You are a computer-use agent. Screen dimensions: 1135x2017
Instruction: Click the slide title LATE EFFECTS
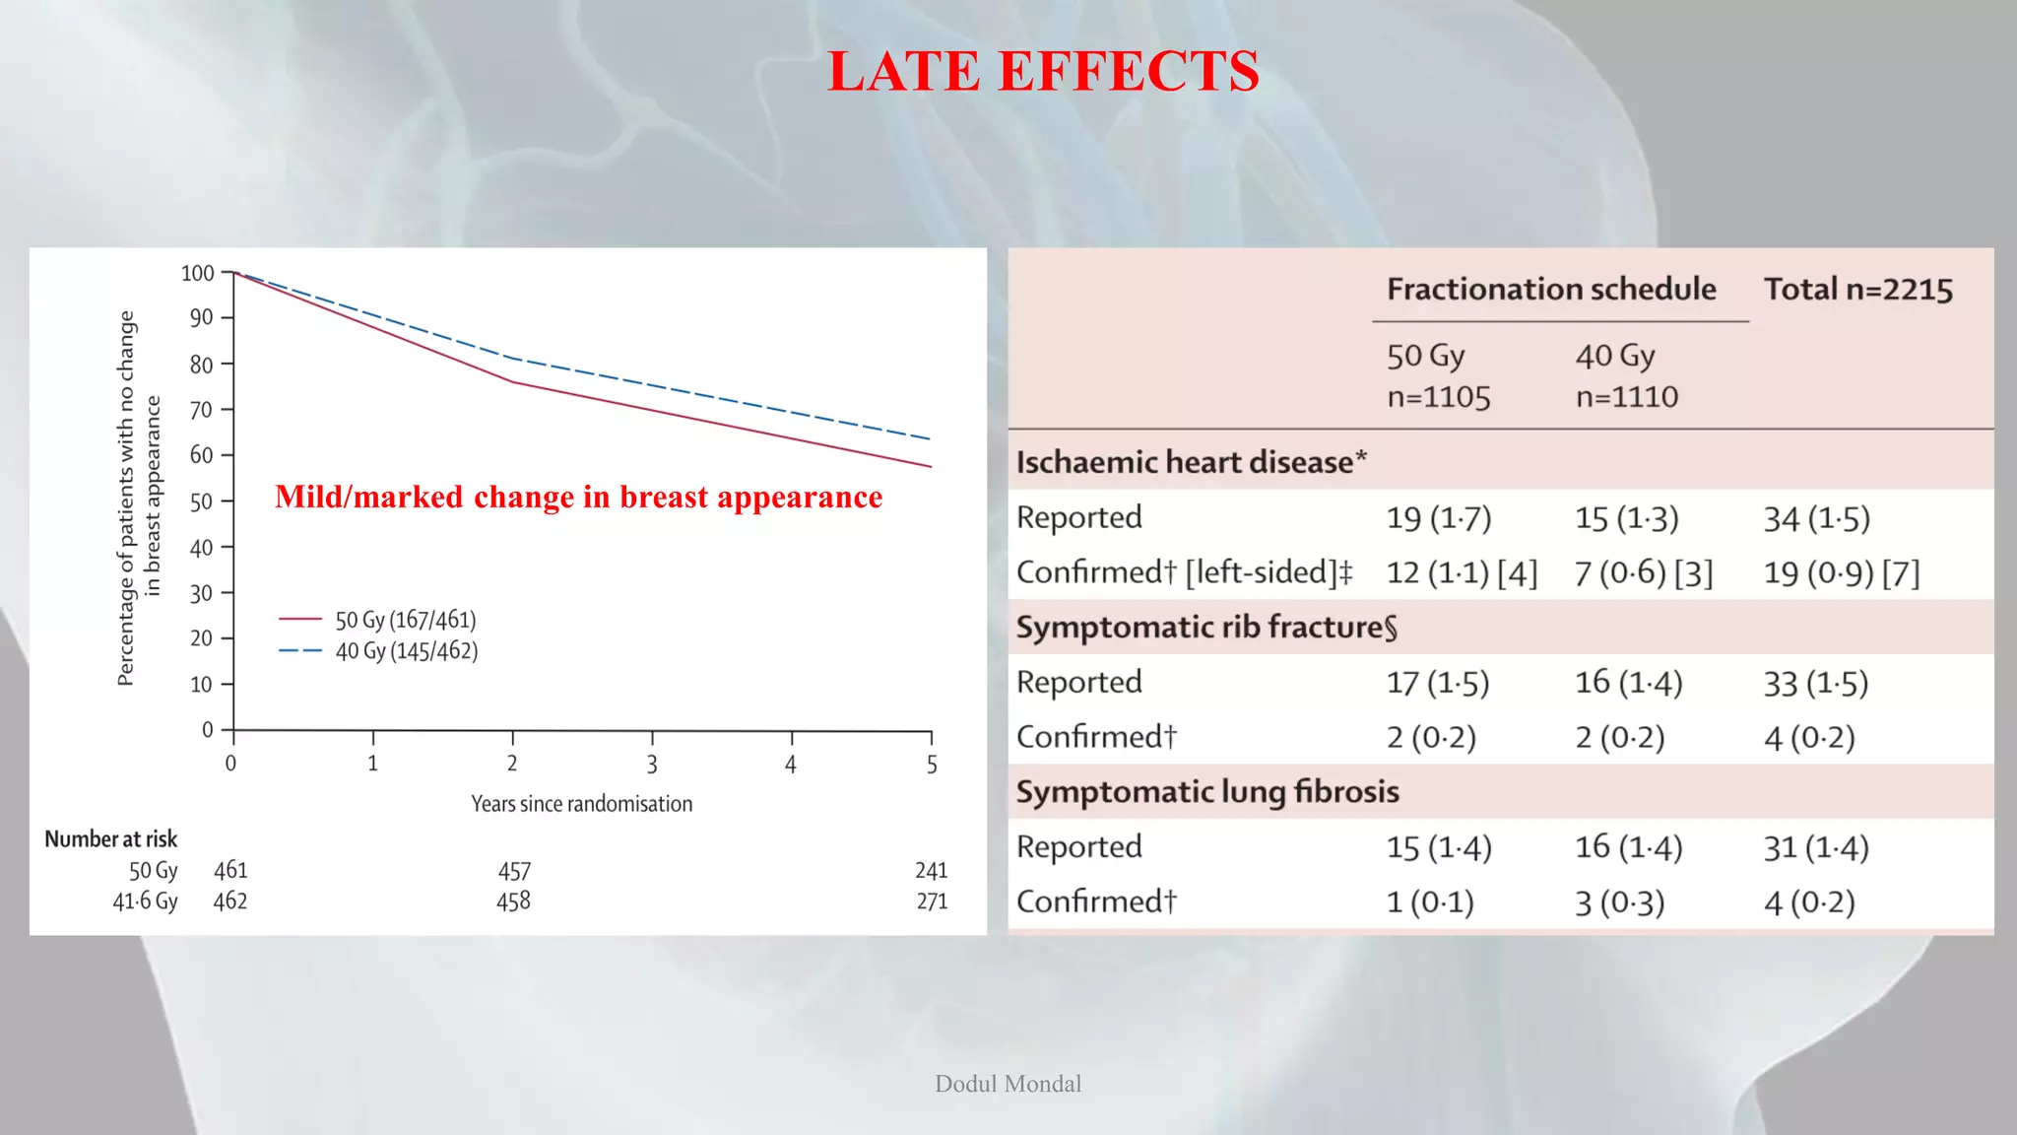1043,72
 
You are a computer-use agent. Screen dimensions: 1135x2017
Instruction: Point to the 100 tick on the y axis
198,273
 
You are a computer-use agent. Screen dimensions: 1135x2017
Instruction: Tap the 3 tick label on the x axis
652,765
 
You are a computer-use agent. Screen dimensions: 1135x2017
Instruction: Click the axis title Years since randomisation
581,804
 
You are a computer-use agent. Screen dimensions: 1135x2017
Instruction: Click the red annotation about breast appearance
578,497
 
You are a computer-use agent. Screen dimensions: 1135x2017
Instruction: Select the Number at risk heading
111,838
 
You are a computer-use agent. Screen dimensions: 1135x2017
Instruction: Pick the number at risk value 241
931,870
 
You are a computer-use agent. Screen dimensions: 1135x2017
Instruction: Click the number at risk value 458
513,901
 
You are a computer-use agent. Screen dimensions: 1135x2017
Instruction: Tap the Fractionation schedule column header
1551,289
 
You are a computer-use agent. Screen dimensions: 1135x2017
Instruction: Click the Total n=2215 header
1857,289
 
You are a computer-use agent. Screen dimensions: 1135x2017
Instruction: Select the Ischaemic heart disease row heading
1191,462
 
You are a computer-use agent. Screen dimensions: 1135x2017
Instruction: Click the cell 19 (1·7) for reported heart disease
1439,517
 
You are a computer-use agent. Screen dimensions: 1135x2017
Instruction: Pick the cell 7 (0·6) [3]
1644,572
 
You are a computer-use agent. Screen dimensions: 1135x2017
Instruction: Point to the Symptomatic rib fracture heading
1206,628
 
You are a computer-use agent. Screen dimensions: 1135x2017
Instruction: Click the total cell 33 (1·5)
1815,683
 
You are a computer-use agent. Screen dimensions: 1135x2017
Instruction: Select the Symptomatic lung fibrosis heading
1207,791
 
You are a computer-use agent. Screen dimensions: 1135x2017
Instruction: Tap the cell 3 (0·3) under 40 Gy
1619,901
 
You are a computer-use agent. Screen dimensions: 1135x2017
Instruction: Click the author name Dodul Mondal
1008,1084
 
